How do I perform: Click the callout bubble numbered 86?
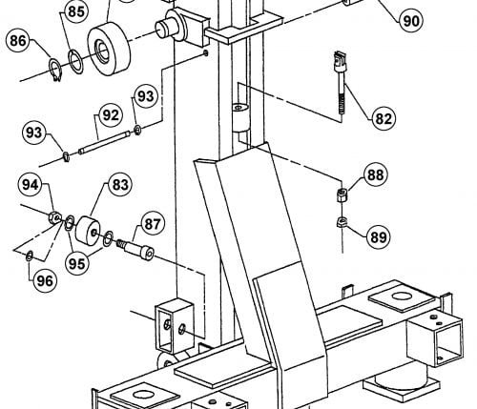click(x=18, y=41)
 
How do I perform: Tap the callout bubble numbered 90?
click(x=411, y=21)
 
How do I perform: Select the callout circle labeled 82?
click(x=384, y=118)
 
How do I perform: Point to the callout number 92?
click(x=111, y=115)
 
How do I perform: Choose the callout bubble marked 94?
click(x=31, y=185)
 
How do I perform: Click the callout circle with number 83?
click(x=120, y=184)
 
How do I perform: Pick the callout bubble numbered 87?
click(x=153, y=224)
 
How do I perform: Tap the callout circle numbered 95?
click(x=76, y=263)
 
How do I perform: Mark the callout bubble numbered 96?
click(x=45, y=280)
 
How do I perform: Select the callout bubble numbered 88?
click(x=376, y=174)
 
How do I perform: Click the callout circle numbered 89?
click(x=379, y=236)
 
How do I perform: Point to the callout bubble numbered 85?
click(x=76, y=11)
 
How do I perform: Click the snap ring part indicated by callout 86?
click(x=56, y=70)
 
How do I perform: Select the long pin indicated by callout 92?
click(x=104, y=142)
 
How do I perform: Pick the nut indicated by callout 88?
click(x=342, y=194)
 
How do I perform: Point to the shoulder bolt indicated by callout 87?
click(x=135, y=249)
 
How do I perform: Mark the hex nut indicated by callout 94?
click(x=54, y=216)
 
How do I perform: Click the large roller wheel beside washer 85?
click(x=109, y=49)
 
